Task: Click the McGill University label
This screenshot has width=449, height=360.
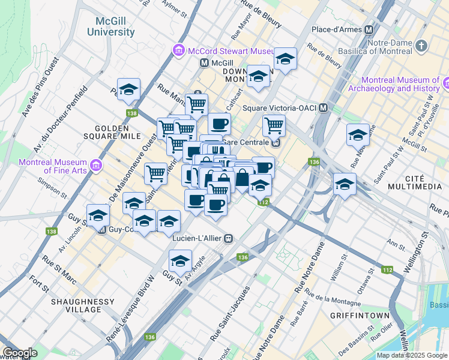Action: pos(110,26)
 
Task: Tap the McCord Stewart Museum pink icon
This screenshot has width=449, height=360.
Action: pos(178,50)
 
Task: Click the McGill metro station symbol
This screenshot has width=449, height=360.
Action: pos(205,62)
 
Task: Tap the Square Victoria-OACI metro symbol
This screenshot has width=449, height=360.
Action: pos(324,108)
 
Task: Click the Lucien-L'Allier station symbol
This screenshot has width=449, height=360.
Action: pos(228,239)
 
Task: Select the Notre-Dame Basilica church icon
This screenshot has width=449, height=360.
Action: pos(421,45)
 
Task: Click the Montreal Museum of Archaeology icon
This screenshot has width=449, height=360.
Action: pos(446,81)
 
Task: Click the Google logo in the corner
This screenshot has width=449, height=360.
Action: pos(20,353)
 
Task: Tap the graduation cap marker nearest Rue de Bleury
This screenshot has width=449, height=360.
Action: pos(285,59)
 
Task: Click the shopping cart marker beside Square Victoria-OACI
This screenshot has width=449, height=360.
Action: pos(274,125)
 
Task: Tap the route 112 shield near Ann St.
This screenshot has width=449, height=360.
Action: pos(387,271)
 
